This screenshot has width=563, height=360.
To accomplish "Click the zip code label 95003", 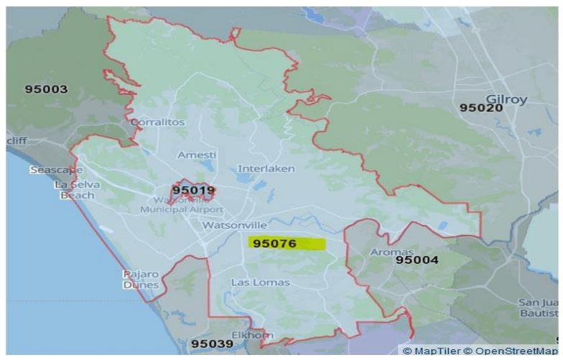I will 46,90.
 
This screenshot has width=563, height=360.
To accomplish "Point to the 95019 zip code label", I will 194,190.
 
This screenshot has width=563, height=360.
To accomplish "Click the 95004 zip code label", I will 417,259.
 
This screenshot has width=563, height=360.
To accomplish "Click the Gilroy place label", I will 507,98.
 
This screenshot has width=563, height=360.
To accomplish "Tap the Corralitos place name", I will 158,122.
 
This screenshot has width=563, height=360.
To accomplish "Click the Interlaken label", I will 261,169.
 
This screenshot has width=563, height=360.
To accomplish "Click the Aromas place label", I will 392,252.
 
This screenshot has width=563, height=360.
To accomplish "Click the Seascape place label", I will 56,170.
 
